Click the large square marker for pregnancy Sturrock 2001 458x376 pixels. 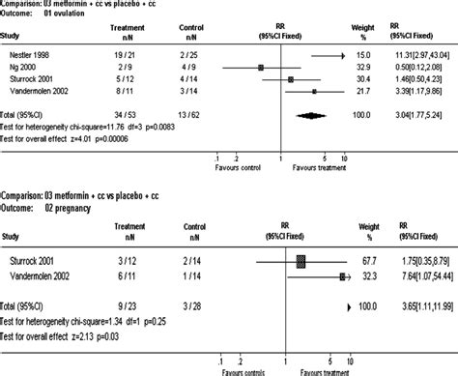(x=300, y=260)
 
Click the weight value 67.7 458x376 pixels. (x=381, y=261)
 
